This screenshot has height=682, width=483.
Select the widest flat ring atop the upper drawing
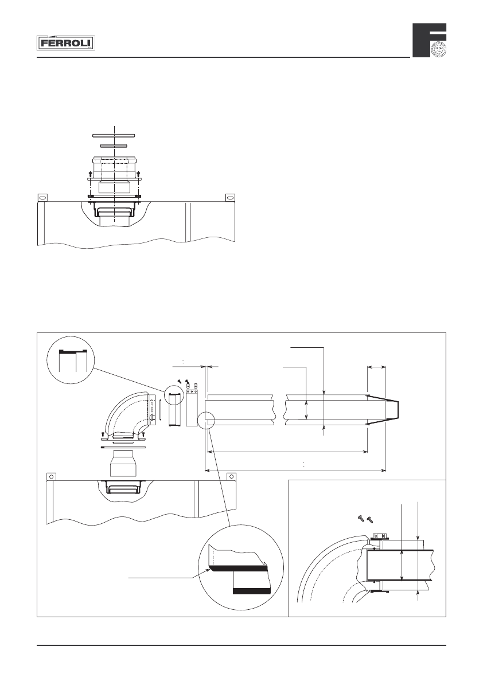114,135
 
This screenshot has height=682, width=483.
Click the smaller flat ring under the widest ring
114,146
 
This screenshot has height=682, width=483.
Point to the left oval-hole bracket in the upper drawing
41,197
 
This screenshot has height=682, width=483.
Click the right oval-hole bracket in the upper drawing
230,197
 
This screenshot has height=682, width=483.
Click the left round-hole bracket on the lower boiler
51,476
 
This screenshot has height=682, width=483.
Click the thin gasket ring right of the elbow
161,411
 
